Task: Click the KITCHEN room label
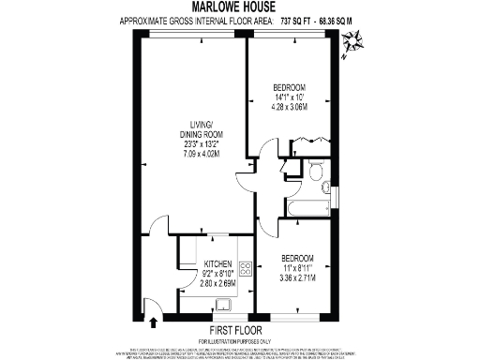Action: [217, 264]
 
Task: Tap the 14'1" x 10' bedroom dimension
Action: [291, 96]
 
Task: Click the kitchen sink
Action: [226, 304]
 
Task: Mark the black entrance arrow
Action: [150, 313]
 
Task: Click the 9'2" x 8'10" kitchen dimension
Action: [217, 275]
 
